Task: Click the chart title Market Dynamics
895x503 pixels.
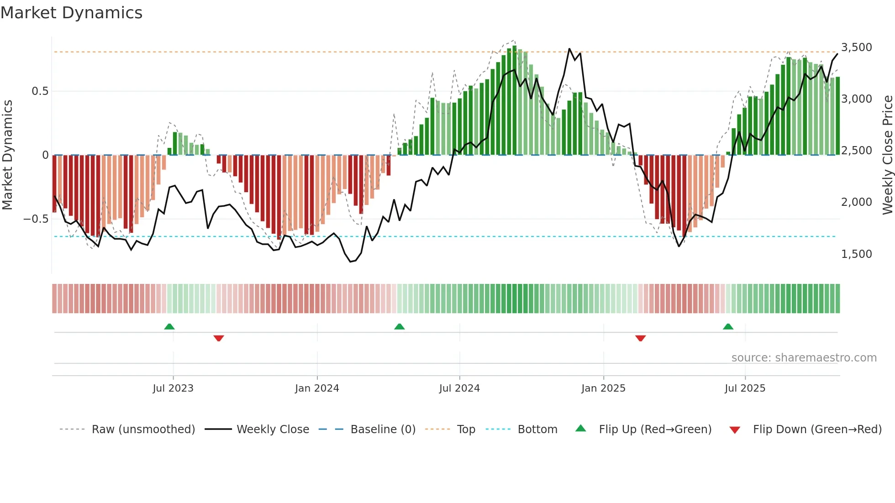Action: (x=71, y=13)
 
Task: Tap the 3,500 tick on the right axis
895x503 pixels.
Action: (x=856, y=47)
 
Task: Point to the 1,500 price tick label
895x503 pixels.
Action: (x=856, y=254)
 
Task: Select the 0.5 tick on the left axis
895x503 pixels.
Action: (x=40, y=91)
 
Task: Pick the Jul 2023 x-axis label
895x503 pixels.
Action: (x=173, y=388)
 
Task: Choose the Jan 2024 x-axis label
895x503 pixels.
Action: (x=317, y=388)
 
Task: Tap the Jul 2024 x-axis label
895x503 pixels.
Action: (x=459, y=388)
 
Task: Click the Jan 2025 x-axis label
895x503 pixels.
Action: (x=603, y=388)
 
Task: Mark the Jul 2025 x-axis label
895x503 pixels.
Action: (x=745, y=388)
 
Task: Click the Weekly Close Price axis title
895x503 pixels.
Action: (x=887, y=155)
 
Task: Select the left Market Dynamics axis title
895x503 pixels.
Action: (x=7, y=155)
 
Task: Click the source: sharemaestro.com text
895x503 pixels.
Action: (x=804, y=358)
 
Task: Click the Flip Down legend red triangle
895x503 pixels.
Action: (x=735, y=430)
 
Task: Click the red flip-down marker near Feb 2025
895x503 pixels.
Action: (x=640, y=338)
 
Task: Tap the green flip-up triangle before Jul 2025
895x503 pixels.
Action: (x=728, y=326)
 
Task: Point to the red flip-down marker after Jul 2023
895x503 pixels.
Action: (x=219, y=338)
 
